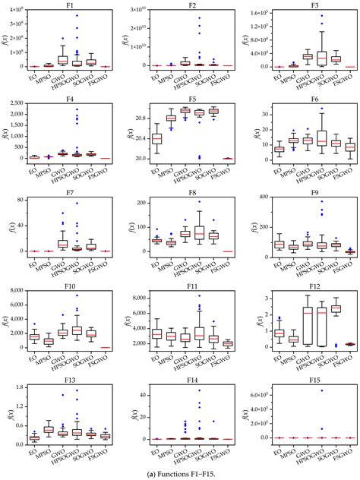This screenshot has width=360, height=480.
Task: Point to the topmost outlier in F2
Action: [200, 17]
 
